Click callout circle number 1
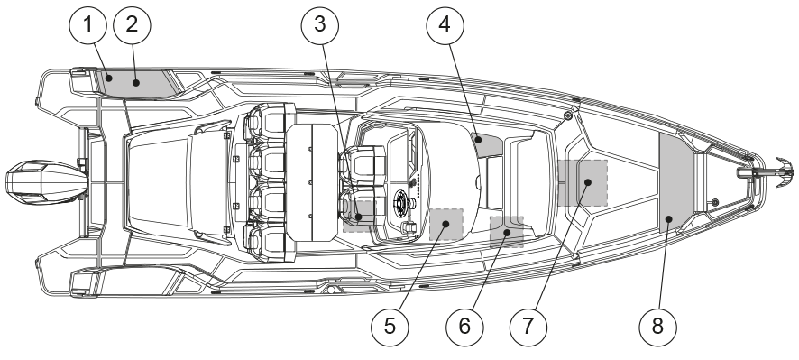click(87, 24)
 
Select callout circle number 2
click(132, 24)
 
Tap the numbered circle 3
click(320, 24)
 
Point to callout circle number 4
click(445, 24)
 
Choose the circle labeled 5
click(390, 327)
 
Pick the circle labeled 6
click(464, 327)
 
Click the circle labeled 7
click(528, 327)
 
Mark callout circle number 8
click(657, 327)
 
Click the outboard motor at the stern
click(47, 182)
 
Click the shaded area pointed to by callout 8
click(676, 182)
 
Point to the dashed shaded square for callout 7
click(583, 182)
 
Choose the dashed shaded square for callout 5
click(446, 225)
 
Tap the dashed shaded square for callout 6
click(507, 232)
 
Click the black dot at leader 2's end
click(135, 83)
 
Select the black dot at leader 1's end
click(108, 78)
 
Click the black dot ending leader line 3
click(359, 217)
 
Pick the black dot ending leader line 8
click(669, 218)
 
